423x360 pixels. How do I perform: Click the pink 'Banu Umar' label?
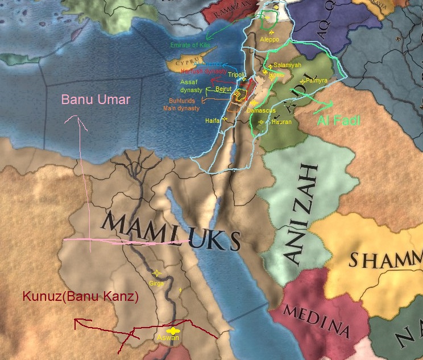click(x=96, y=100)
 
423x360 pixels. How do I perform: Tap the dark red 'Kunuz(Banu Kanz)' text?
click(x=80, y=296)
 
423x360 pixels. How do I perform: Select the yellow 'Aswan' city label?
click(x=169, y=338)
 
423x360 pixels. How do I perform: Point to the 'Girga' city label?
click(x=156, y=282)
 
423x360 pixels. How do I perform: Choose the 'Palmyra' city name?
click(x=317, y=81)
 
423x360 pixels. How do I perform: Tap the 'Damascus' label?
click(x=262, y=110)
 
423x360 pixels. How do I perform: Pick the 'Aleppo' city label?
click(x=269, y=40)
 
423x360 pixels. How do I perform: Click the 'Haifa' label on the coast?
click(x=213, y=121)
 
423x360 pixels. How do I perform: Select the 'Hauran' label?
click(x=281, y=122)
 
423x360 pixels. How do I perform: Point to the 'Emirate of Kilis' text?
click(x=190, y=45)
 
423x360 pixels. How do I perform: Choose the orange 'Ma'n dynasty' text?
click(x=181, y=108)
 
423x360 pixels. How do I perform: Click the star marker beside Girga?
click(x=157, y=273)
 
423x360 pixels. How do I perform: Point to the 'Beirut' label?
click(x=224, y=90)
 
